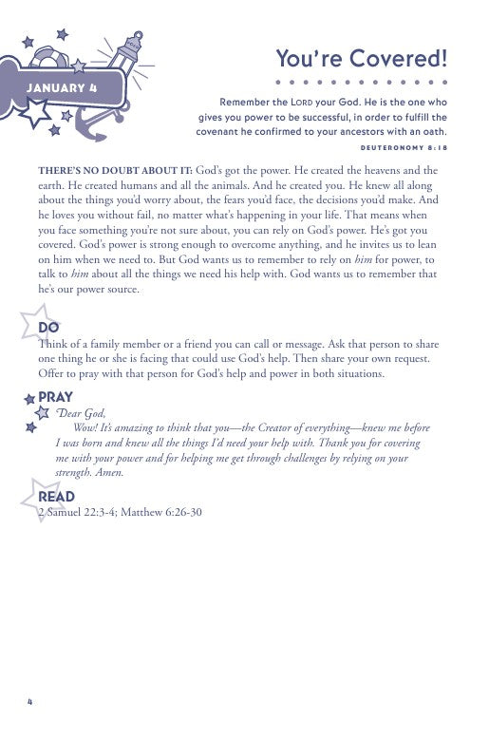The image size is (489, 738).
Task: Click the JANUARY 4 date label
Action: [63, 89]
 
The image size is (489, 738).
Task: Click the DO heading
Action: [48, 328]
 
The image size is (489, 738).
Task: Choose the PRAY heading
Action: [55, 396]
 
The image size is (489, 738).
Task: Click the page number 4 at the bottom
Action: [31, 702]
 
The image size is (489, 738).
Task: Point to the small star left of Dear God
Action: [42, 413]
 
